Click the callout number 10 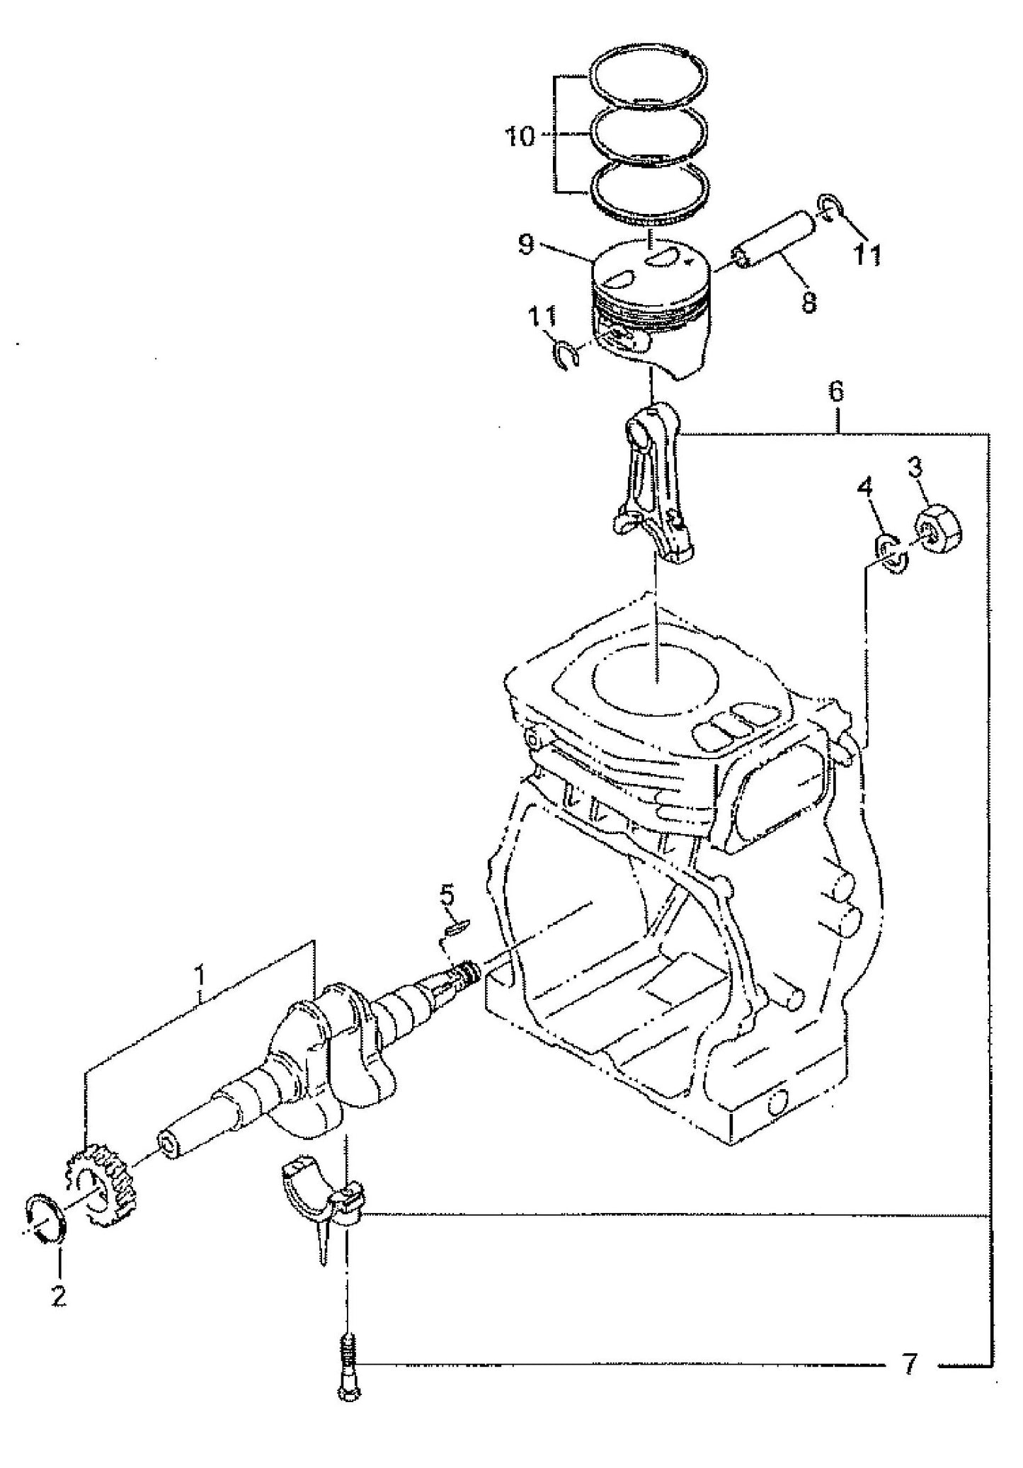[520, 136]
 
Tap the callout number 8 [808, 302]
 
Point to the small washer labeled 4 [893, 552]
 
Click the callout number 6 [836, 392]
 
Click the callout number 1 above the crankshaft [200, 975]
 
